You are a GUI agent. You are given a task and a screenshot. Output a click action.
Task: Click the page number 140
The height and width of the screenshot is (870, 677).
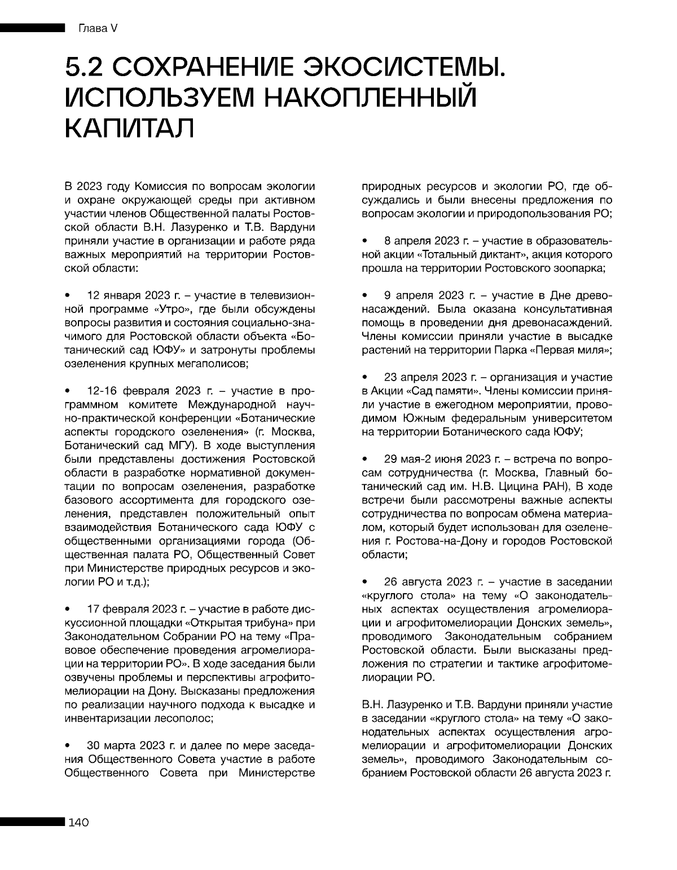coord(78,823)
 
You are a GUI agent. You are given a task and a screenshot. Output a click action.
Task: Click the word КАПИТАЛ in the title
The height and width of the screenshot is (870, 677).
coord(129,128)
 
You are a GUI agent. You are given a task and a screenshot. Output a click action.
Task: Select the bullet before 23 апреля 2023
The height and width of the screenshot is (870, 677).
coord(365,377)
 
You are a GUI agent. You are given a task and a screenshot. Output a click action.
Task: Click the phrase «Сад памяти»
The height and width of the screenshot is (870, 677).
coord(421,391)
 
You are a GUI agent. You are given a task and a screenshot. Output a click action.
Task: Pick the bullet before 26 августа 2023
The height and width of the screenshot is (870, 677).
coord(365,581)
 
